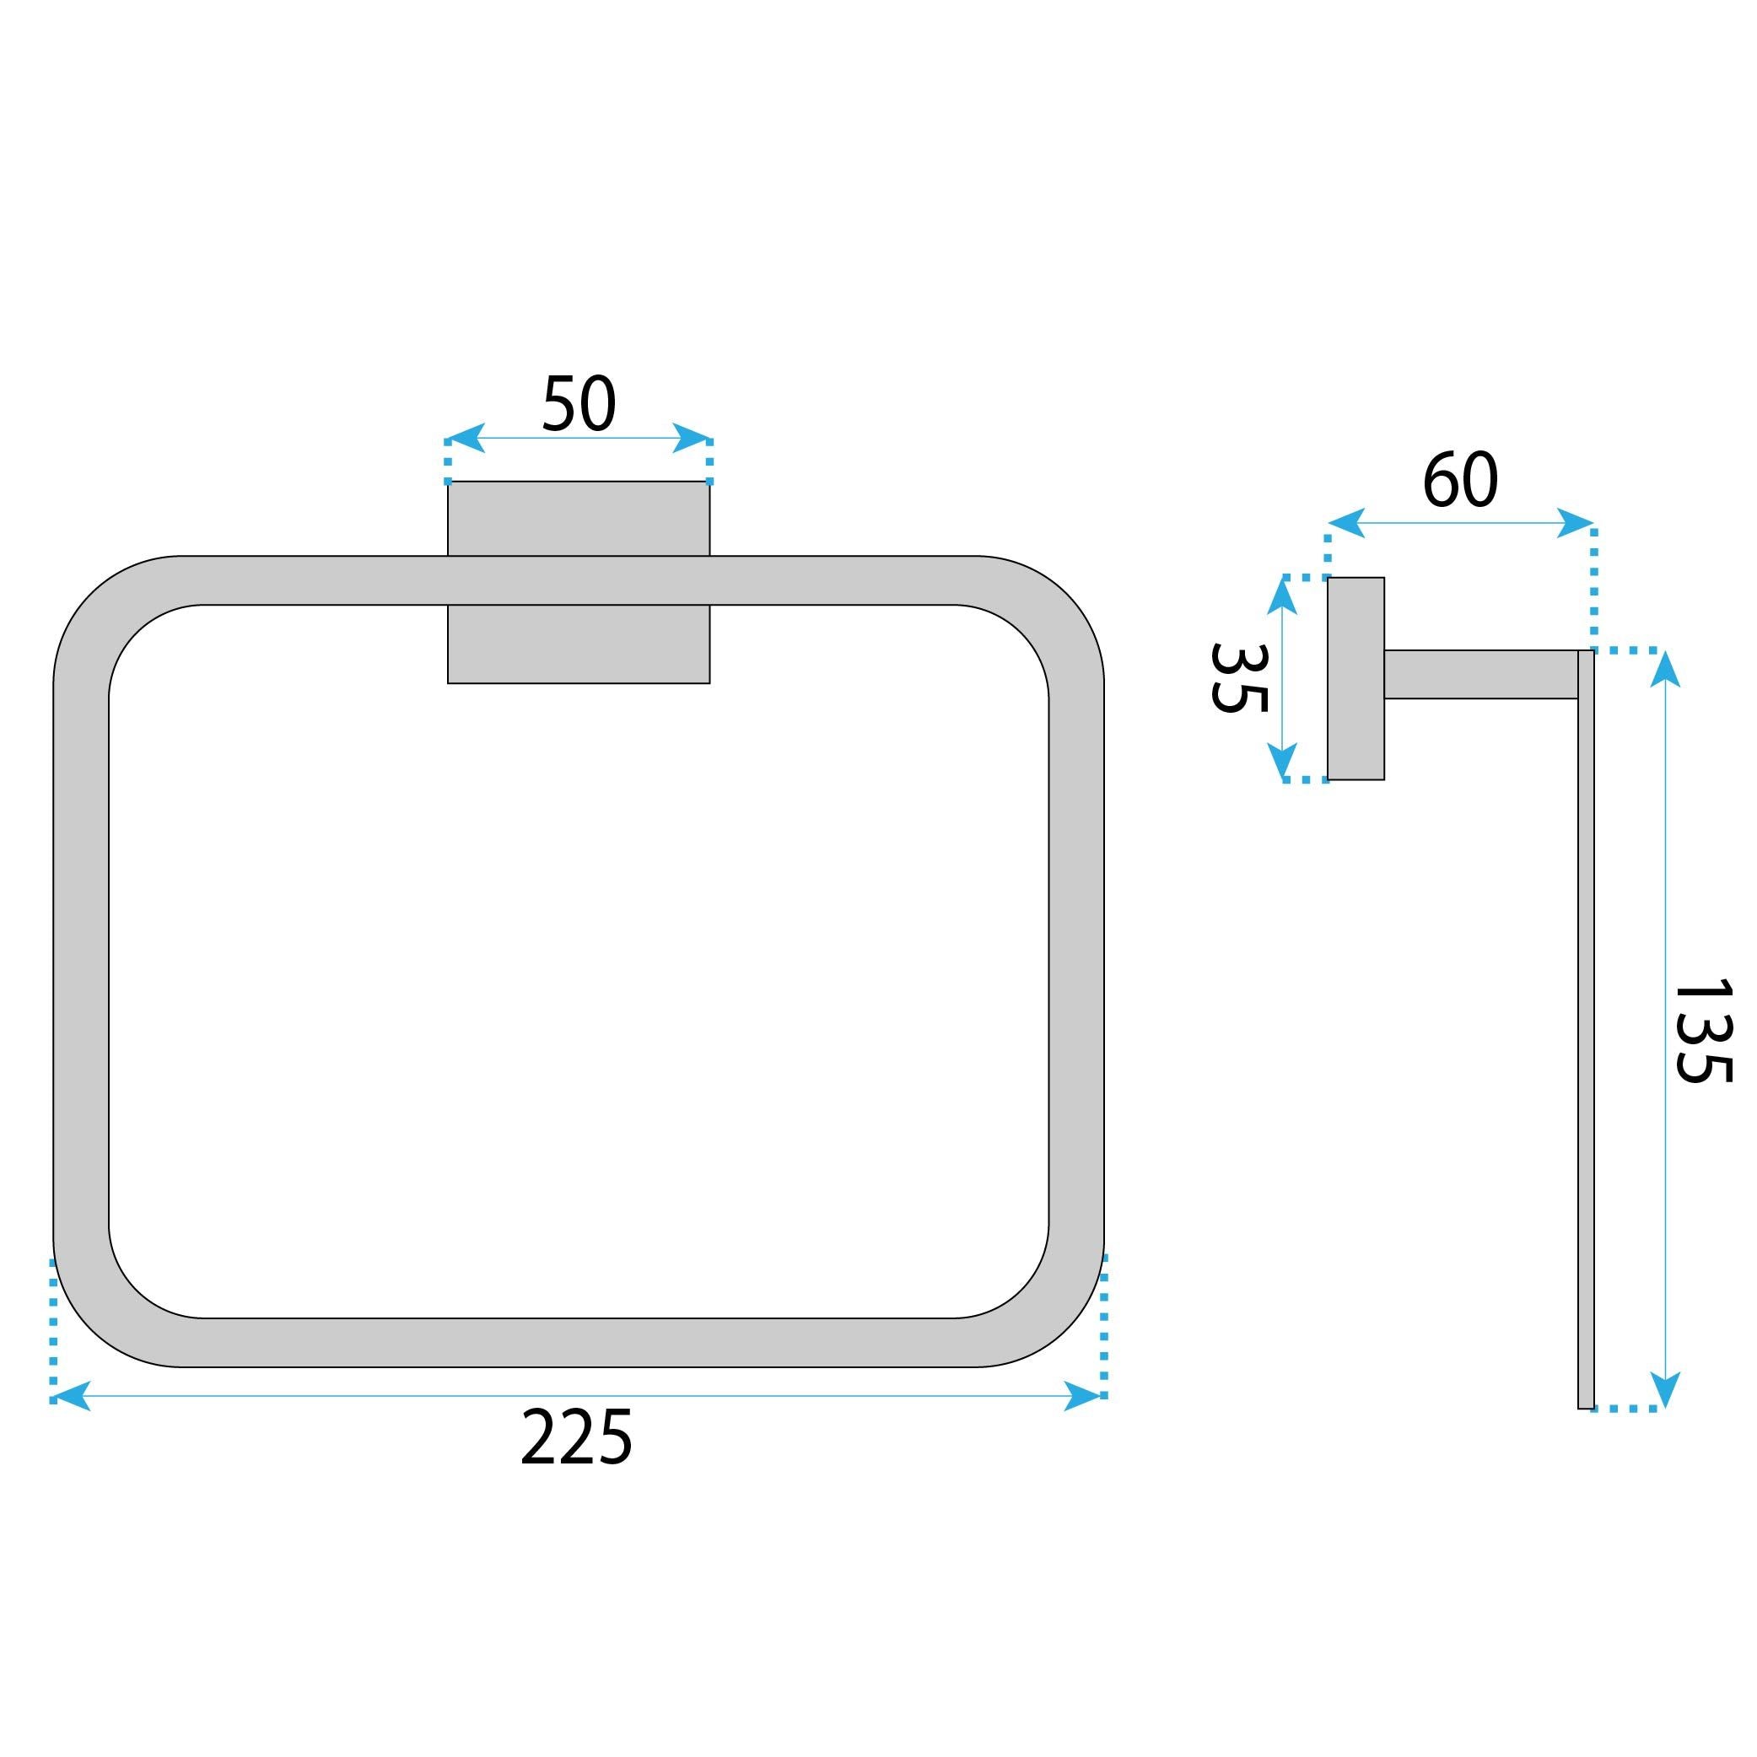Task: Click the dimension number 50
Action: tap(579, 403)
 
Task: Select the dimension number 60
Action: tap(1459, 480)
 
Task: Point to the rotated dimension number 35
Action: tap(1238, 678)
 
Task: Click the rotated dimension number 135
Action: tap(1703, 1032)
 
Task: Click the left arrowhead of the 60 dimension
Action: tap(1346, 523)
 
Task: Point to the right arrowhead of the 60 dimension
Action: tap(1575, 523)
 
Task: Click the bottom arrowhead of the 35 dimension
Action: tap(1281, 760)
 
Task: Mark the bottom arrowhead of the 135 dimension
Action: tap(1664, 1389)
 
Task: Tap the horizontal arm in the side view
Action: tap(1479, 675)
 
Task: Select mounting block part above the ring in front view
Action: tap(579, 519)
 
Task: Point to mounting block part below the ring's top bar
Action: tap(579, 644)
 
